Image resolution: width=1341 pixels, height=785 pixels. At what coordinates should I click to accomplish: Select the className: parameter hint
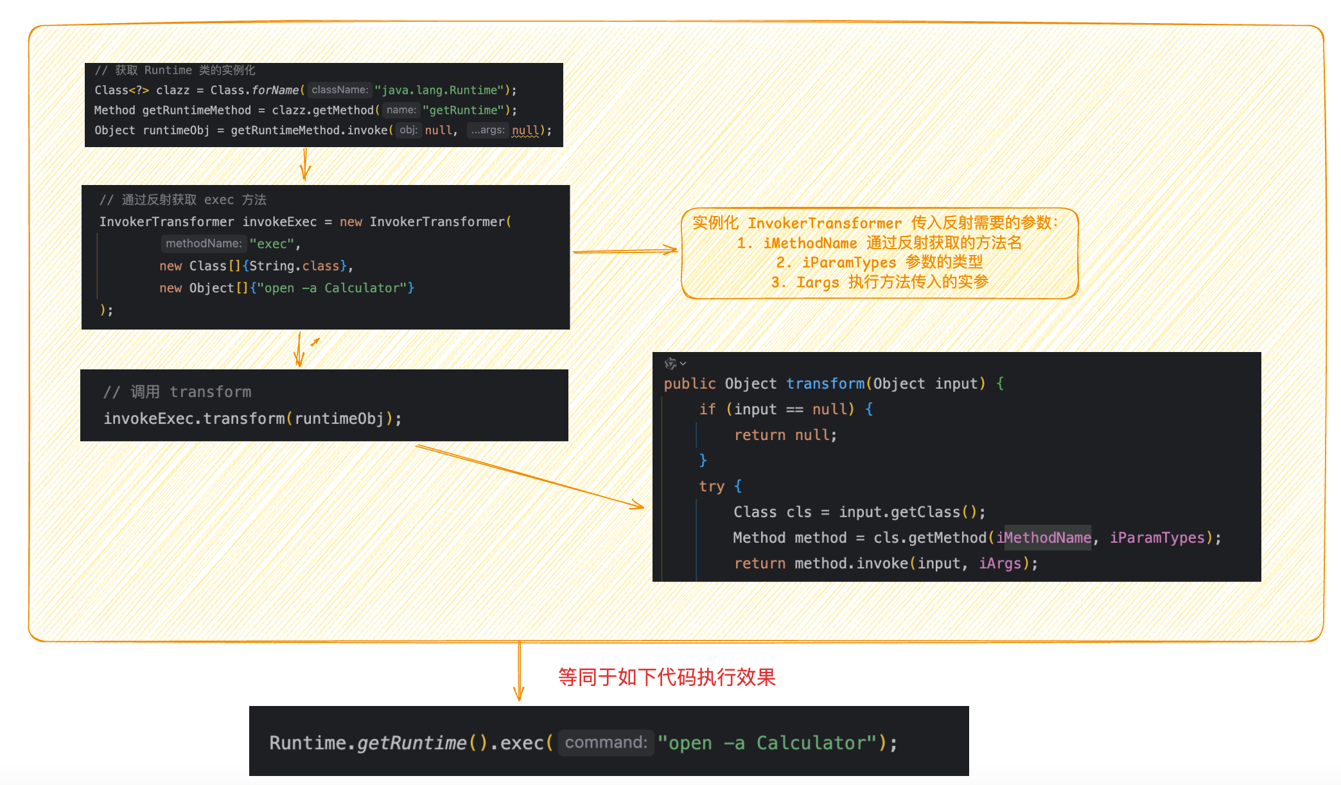click(340, 91)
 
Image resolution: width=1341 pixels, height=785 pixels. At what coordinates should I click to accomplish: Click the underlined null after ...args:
click(525, 130)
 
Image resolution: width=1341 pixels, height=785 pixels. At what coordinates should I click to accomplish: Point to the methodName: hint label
click(203, 243)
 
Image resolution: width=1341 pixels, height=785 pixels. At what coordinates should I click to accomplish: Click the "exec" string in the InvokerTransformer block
click(272, 244)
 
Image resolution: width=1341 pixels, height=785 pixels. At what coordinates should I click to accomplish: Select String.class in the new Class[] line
click(294, 266)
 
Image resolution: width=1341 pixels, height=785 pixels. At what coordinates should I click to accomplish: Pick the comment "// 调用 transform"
click(177, 392)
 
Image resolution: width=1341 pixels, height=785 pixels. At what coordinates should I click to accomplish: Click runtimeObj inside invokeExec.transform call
click(339, 419)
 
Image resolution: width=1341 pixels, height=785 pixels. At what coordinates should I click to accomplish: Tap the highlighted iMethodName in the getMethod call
click(1044, 538)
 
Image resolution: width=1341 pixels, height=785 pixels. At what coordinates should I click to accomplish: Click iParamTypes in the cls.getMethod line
click(1157, 538)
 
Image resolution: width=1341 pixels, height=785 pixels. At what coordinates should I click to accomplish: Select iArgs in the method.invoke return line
click(999, 563)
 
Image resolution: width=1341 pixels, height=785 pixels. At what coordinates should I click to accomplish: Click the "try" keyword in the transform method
click(712, 486)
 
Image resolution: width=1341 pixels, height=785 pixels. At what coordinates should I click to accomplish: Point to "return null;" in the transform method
click(785, 435)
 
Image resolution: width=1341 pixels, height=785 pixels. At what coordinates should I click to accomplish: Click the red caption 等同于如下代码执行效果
click(667, 677)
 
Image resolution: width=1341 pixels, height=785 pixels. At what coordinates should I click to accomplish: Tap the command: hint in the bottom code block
click(606, 743)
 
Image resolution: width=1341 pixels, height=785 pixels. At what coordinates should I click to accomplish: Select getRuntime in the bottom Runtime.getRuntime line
click(412, 743)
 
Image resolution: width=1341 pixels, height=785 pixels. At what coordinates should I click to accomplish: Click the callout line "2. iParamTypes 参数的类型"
click(879, 262)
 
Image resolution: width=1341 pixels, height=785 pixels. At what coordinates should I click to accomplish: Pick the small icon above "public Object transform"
click(670, 364)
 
